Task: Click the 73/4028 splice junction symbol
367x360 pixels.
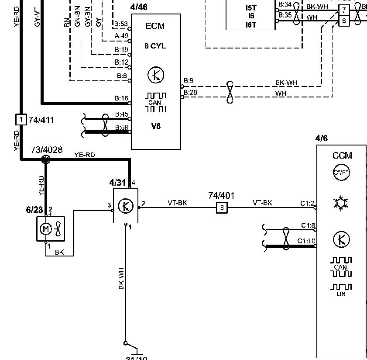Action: pos(45,159)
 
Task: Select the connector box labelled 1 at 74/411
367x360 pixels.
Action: pos(21,119)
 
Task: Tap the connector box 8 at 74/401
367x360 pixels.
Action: pos(222,208)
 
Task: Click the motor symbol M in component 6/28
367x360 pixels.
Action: pos(44,228)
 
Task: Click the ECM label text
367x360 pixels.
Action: pos(155,26)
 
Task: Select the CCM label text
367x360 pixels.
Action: pos(342,156)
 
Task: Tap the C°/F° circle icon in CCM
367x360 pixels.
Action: pos(342,173)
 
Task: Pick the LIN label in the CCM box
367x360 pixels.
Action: pos(341,294)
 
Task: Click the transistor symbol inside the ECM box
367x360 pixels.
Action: pos(156,75)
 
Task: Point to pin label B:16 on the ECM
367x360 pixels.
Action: pos(121,98)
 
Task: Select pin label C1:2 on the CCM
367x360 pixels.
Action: pos(307,203)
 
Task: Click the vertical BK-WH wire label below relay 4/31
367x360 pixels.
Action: pos(121,278)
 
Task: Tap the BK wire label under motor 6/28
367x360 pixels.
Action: pos(59,252)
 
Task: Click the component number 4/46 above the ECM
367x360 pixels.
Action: pos(139,7)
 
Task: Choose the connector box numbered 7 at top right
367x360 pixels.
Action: pos(344,10)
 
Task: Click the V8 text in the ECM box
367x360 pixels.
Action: pos(155,127)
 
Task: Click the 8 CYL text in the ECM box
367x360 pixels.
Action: pos(155,45)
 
